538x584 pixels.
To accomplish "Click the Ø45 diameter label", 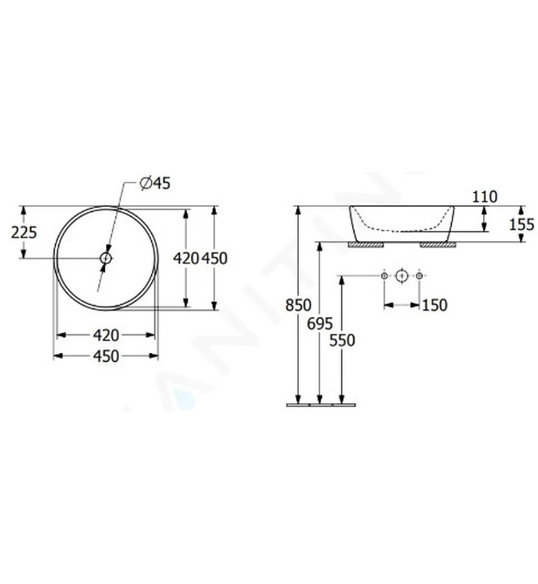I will pos(154,184).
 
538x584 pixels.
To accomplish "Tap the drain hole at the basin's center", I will pos(106,259).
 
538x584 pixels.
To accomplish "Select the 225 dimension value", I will pos(24,233).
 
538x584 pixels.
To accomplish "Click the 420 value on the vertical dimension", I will pos(184,259).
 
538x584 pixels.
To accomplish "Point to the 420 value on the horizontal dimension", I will pos(106,335).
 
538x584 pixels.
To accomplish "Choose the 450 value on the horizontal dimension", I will pos(106,356).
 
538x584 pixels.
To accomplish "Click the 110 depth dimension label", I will pos(484,198).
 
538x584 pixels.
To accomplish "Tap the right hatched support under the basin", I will pos(438,246).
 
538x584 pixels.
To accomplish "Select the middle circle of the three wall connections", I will pos(402,275).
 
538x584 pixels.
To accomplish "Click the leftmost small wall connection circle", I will pos(384,275).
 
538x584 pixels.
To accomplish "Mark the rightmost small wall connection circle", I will pos(420,275).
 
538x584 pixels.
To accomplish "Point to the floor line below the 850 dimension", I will pos(321,405).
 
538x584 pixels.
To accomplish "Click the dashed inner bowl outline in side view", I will pos(400,229).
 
